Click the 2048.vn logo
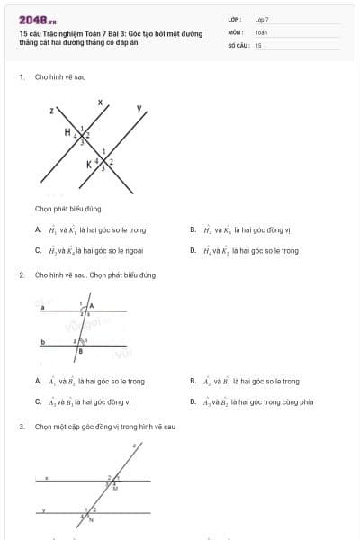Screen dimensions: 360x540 37,19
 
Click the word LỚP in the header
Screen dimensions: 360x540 234,19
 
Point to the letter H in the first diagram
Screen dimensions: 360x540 67,132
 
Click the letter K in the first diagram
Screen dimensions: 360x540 89,165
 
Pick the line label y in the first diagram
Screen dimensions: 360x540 139,109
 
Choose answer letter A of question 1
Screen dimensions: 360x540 38,229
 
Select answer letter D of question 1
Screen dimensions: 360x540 193,251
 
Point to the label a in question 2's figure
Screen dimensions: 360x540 43,307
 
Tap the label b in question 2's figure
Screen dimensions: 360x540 43,342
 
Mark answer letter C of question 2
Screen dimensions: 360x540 38,402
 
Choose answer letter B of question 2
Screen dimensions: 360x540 193,381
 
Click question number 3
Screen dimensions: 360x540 21,426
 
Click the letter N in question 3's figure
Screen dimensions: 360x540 91,520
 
